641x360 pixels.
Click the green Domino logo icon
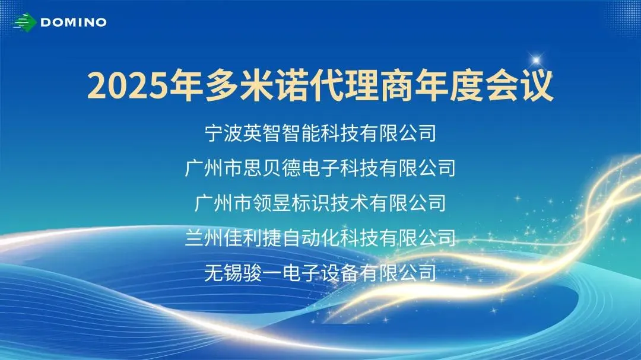26,22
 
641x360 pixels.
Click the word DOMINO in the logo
74,23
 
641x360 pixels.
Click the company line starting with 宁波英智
320,133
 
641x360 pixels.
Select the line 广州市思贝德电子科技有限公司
320,168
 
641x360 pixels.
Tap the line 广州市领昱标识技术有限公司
320,203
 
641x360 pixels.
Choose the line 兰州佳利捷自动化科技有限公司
320,238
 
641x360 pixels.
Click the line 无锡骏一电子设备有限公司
320,273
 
